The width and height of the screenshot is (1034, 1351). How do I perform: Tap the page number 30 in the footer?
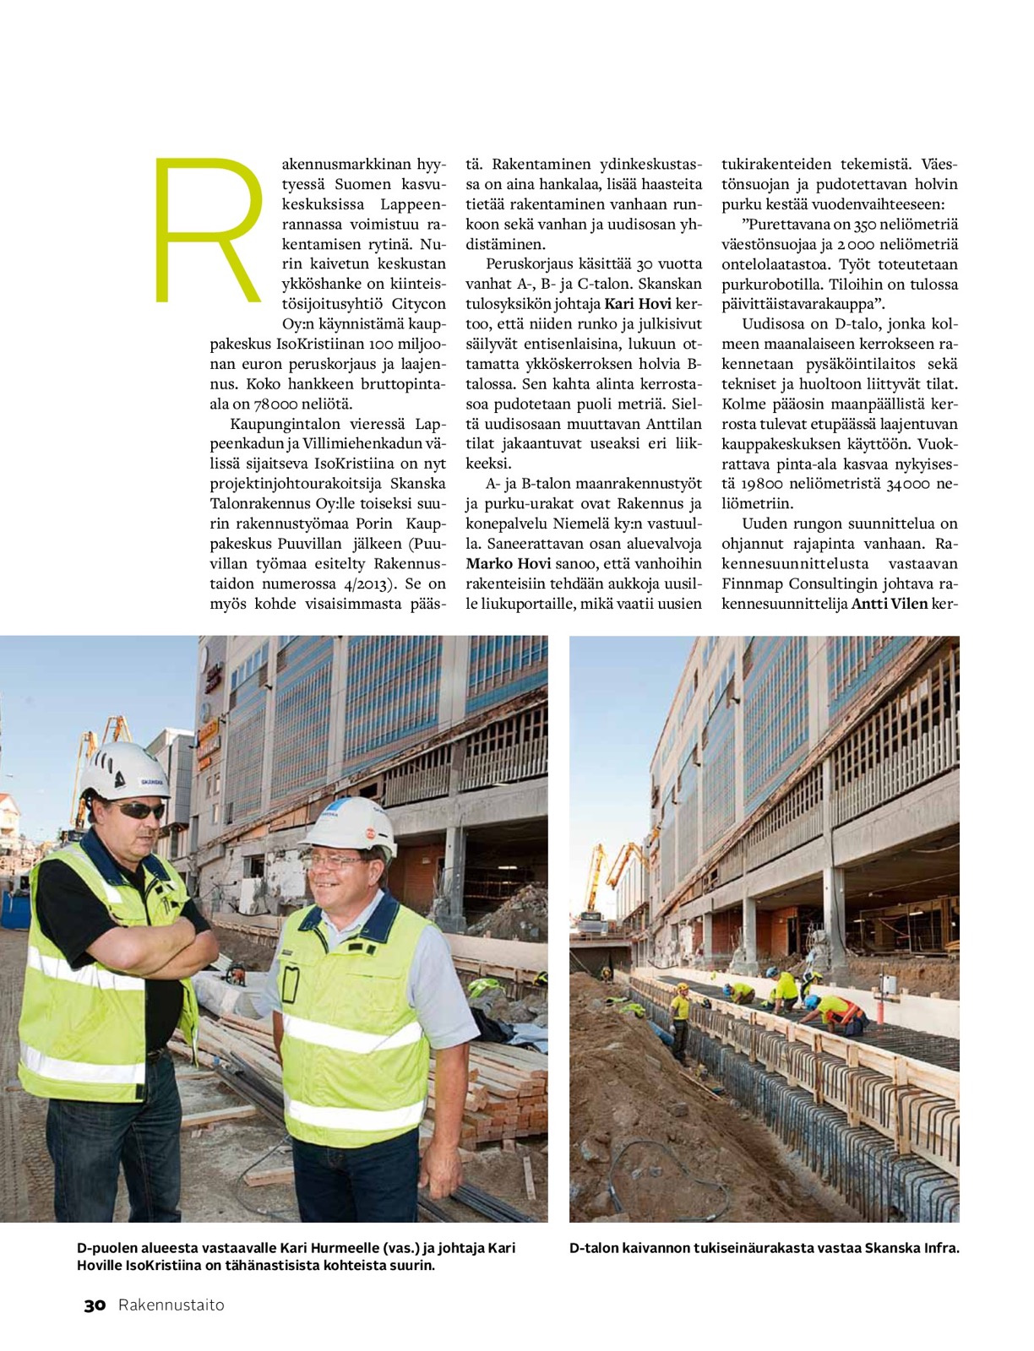(x=95, y=1305)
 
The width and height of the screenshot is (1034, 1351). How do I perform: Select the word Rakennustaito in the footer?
(x=171, y=1305)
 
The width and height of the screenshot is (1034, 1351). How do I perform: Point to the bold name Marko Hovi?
(x=508, y=564)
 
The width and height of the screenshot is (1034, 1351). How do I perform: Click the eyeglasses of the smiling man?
(x=337, y=862)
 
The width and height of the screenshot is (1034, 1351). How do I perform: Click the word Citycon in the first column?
(x=419, y=304)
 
